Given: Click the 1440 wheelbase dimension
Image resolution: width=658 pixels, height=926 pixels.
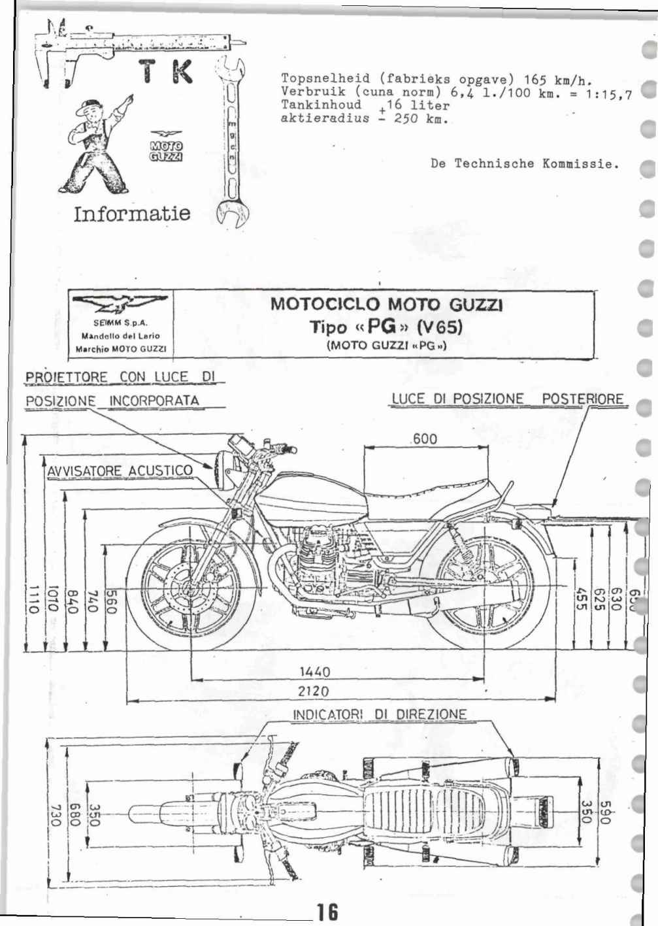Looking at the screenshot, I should click(x=314, y=672).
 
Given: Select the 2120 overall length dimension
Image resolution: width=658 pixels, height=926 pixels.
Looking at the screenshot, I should click(x=314, y=691).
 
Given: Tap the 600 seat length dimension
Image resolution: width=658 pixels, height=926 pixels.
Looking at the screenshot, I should click(x=425, y=439).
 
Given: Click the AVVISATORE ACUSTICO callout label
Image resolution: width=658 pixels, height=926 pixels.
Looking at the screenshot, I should click(x=120, y=471).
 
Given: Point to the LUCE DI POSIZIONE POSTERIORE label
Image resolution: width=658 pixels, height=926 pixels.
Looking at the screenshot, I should click(x=507, y=399).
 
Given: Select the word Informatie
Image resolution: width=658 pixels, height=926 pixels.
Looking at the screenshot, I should click(x=132, y=213).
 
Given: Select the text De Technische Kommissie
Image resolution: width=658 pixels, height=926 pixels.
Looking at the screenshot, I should click(x=524, y=163).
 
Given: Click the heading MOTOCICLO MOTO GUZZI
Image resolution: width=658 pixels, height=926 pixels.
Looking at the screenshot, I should click(x=386, y=305).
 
